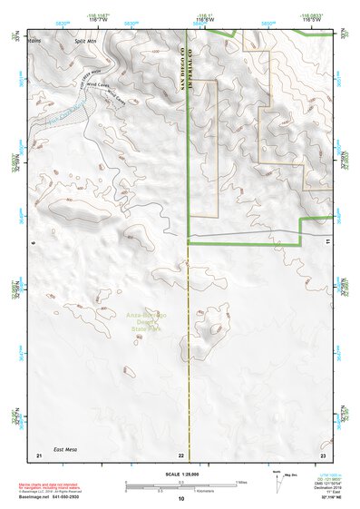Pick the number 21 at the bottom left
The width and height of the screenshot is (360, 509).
38,455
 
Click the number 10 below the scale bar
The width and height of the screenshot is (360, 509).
181,499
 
